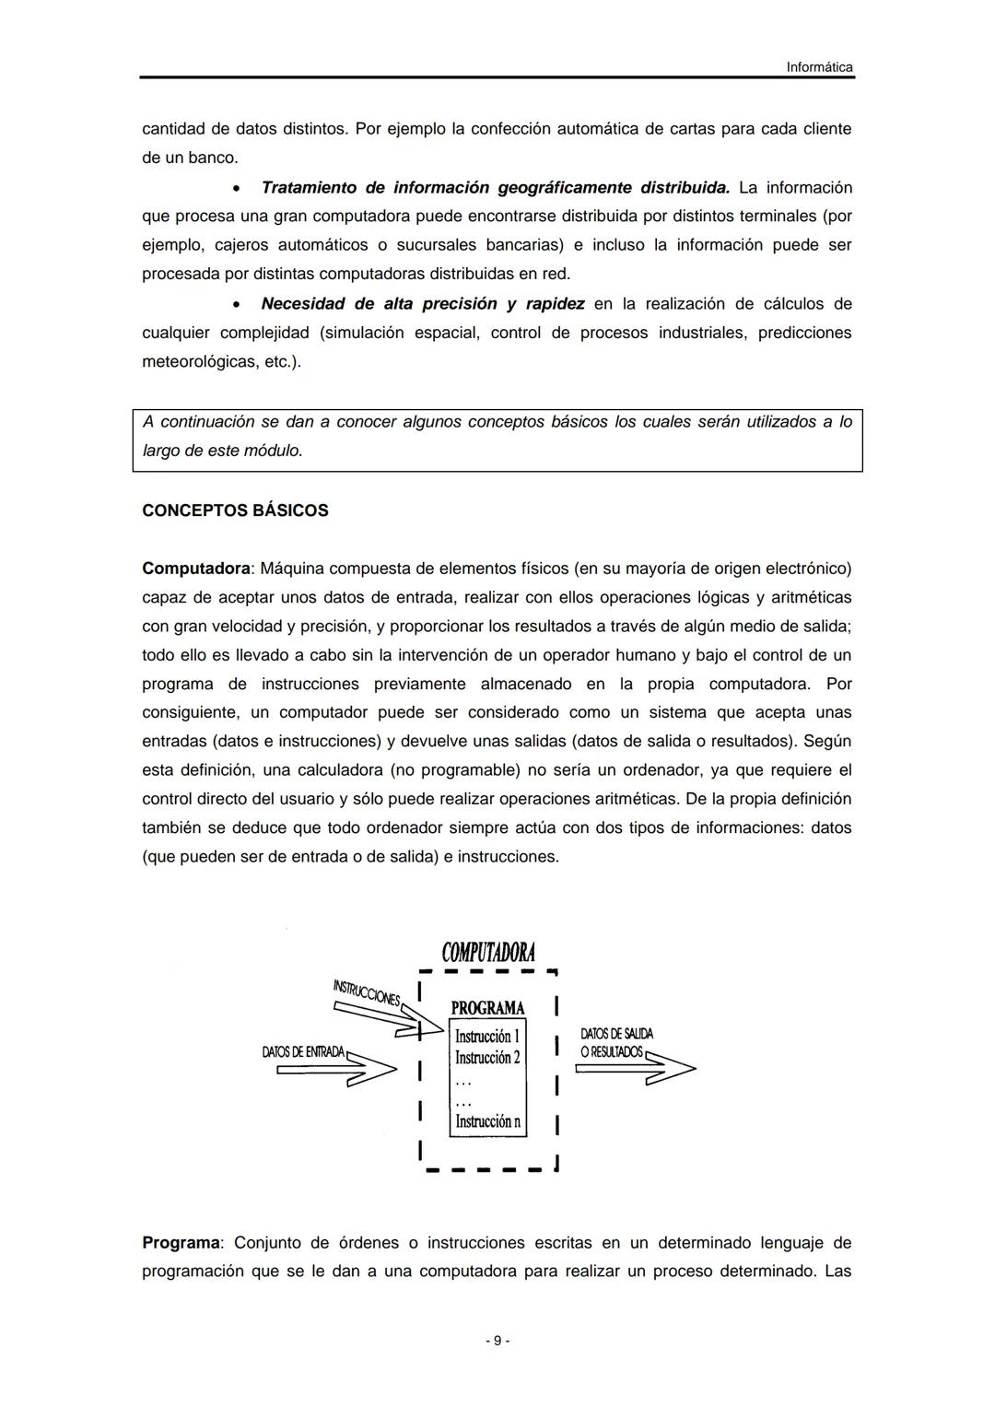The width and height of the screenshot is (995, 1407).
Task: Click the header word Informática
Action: [x=819, y=67]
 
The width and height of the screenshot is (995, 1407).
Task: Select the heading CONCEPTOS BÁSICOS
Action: [x=235, y=510]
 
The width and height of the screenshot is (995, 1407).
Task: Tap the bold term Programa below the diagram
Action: [x=181, y=1243]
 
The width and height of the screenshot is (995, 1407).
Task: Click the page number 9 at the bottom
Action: [x=497, y=1341]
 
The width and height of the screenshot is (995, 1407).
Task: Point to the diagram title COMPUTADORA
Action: [x=488, y=952]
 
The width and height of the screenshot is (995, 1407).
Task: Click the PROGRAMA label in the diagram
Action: [x=487, y=1008]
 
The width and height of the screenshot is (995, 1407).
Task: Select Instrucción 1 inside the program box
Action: [x=487, y=1036]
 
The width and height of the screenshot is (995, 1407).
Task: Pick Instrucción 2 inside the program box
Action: [x=487, y=1058]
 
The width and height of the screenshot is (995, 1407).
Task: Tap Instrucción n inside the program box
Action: [x=487, y=1121]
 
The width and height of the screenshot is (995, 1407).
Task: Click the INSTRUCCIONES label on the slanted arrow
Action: [x=366, y=993]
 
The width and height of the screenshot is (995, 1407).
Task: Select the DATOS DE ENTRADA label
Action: [x=303, y=1051]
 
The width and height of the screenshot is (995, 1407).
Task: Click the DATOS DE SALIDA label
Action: [x=616, y=1035]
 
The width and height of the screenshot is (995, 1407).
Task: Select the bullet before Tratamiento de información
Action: [x=238, y=189]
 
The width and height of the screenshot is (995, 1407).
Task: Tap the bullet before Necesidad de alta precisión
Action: [x=238, y=305]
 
